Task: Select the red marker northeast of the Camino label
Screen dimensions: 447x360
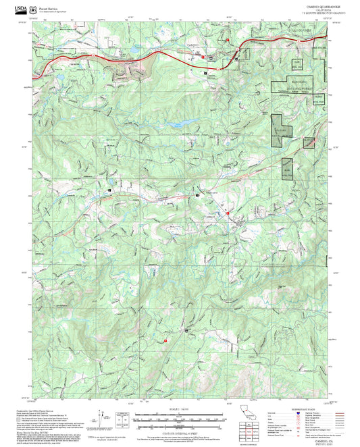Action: (230, 40)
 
